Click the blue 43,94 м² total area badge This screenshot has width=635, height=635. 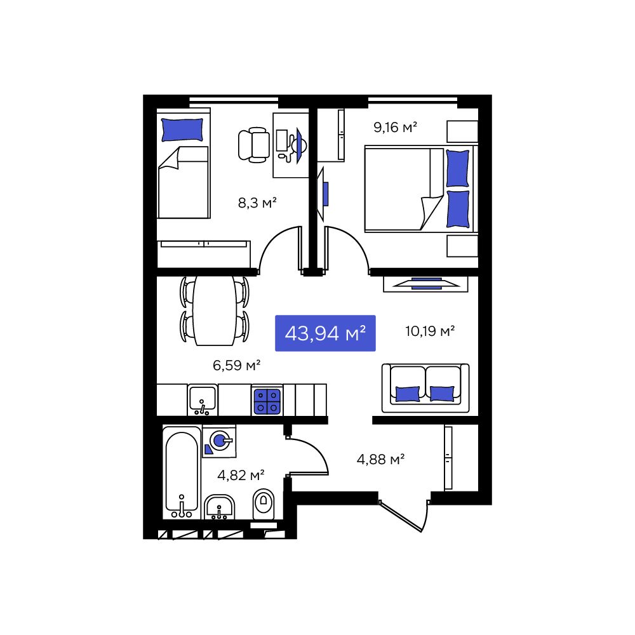point(325,333)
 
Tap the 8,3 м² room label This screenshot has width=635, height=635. point(257,202)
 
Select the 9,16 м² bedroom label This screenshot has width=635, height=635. point(395,127)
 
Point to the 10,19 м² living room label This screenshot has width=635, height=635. point(430,331)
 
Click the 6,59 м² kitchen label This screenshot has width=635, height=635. point(236,365)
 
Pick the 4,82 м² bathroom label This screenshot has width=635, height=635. point(241,474)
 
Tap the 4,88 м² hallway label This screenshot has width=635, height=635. point(380,459)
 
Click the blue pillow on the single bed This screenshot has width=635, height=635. point(182,130)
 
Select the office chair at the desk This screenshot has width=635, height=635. point(254,145)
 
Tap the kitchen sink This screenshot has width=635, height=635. point(203,399)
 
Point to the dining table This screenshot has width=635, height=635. point(215,311)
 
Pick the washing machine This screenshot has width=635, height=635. point(219,441)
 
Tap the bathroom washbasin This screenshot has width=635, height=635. point(219,507)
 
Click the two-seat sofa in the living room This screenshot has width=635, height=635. point(425,388)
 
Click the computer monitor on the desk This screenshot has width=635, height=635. point(281,140)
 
